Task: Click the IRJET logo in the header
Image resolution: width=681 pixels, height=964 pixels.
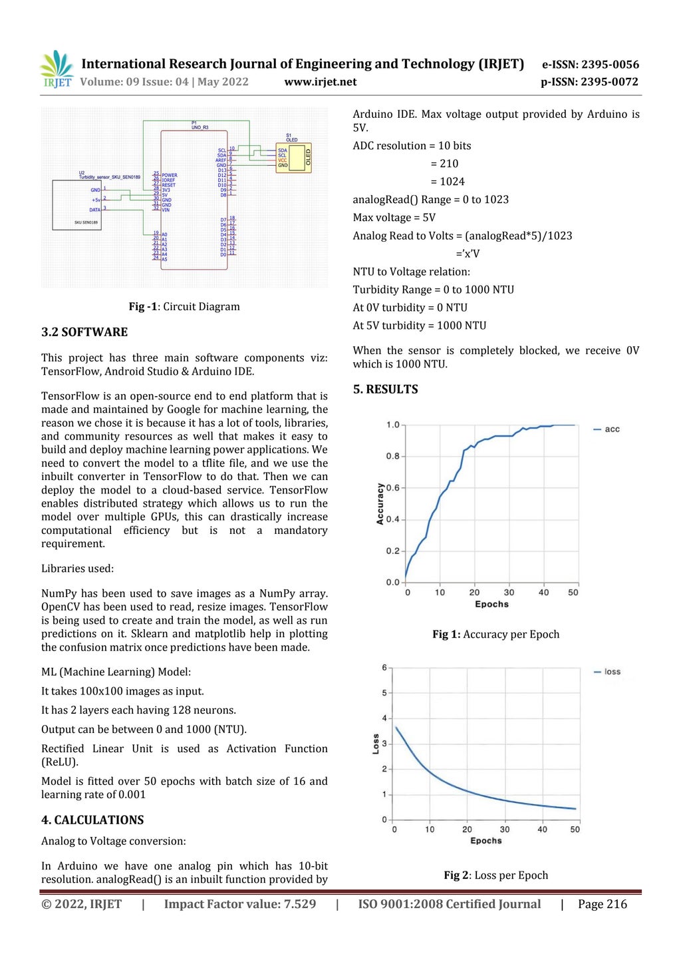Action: click(x=57, y=69)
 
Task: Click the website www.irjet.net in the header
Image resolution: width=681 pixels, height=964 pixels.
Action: click(x=320, y=82)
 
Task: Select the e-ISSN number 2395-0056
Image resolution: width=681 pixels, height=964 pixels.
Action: click(x=610, y=65)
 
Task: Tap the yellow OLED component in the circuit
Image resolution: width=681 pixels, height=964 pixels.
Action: click(x=294, y=158)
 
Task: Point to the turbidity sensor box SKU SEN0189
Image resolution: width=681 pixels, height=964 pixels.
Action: click(x=77, y=205)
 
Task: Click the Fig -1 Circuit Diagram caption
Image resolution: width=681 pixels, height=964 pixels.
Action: click(x=184, y=307)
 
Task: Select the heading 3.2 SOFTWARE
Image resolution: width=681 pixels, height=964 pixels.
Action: click(x=84, y=332)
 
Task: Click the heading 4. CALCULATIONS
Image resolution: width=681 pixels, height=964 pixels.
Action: click(x=92, y=820)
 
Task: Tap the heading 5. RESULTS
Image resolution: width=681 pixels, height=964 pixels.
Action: click(x=385, y=389)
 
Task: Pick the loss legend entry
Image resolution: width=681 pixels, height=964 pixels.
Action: click(x=607, y=672)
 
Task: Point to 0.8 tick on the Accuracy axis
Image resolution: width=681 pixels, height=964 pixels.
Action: click(x=392, y=456)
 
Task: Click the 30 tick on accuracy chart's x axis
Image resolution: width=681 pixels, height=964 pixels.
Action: click(x=509, y=593)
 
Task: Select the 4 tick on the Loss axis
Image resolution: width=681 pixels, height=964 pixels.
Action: click(x=384, y=718)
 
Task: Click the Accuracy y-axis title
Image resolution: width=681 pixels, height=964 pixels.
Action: click(x=380, y=504)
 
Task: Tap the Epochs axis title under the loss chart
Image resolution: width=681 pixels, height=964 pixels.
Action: click(x=485, y=841)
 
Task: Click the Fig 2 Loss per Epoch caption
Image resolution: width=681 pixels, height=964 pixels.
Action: click(x=495, y=875)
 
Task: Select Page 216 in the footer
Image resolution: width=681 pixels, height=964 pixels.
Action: click(x=602, y=904)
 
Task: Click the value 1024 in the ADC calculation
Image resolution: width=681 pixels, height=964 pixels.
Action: click(x=452, y=182)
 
